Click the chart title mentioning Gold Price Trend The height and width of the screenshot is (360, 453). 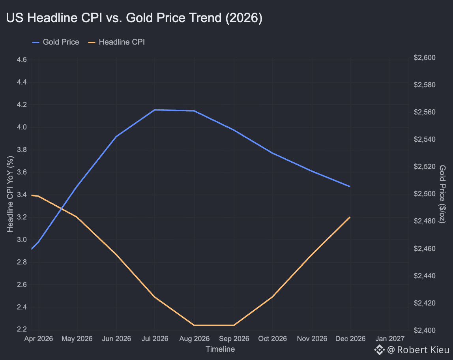(134, 18)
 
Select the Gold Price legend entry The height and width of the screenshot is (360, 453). (56, 42)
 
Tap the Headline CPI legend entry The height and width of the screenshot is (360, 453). (116, 42)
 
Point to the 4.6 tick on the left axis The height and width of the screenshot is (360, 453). (22, 60)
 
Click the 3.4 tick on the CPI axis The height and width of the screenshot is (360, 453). (22, 195)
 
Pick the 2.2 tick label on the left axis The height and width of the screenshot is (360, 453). (22, 329)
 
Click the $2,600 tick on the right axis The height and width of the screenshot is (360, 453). (425, 58)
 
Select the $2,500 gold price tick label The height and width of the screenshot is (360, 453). (425, 194)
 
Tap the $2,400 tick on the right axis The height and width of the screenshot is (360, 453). (425, 330)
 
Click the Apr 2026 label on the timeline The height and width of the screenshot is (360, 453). (38, 339)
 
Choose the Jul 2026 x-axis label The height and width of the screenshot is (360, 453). (155, 339)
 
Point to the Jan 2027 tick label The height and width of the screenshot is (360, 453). (390, 339)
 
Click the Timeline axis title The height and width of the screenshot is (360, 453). (220, 349)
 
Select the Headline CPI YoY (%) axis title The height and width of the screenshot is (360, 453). (10, 194)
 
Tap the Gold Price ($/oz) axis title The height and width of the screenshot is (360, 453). (442, 194)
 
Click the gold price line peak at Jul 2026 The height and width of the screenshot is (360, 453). (155, 110)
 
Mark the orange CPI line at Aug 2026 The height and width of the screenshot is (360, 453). (194, 325)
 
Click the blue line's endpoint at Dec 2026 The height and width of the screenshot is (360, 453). (350, 187)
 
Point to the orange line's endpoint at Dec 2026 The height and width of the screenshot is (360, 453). (350, 217)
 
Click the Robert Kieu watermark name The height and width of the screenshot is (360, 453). (423, 350)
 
